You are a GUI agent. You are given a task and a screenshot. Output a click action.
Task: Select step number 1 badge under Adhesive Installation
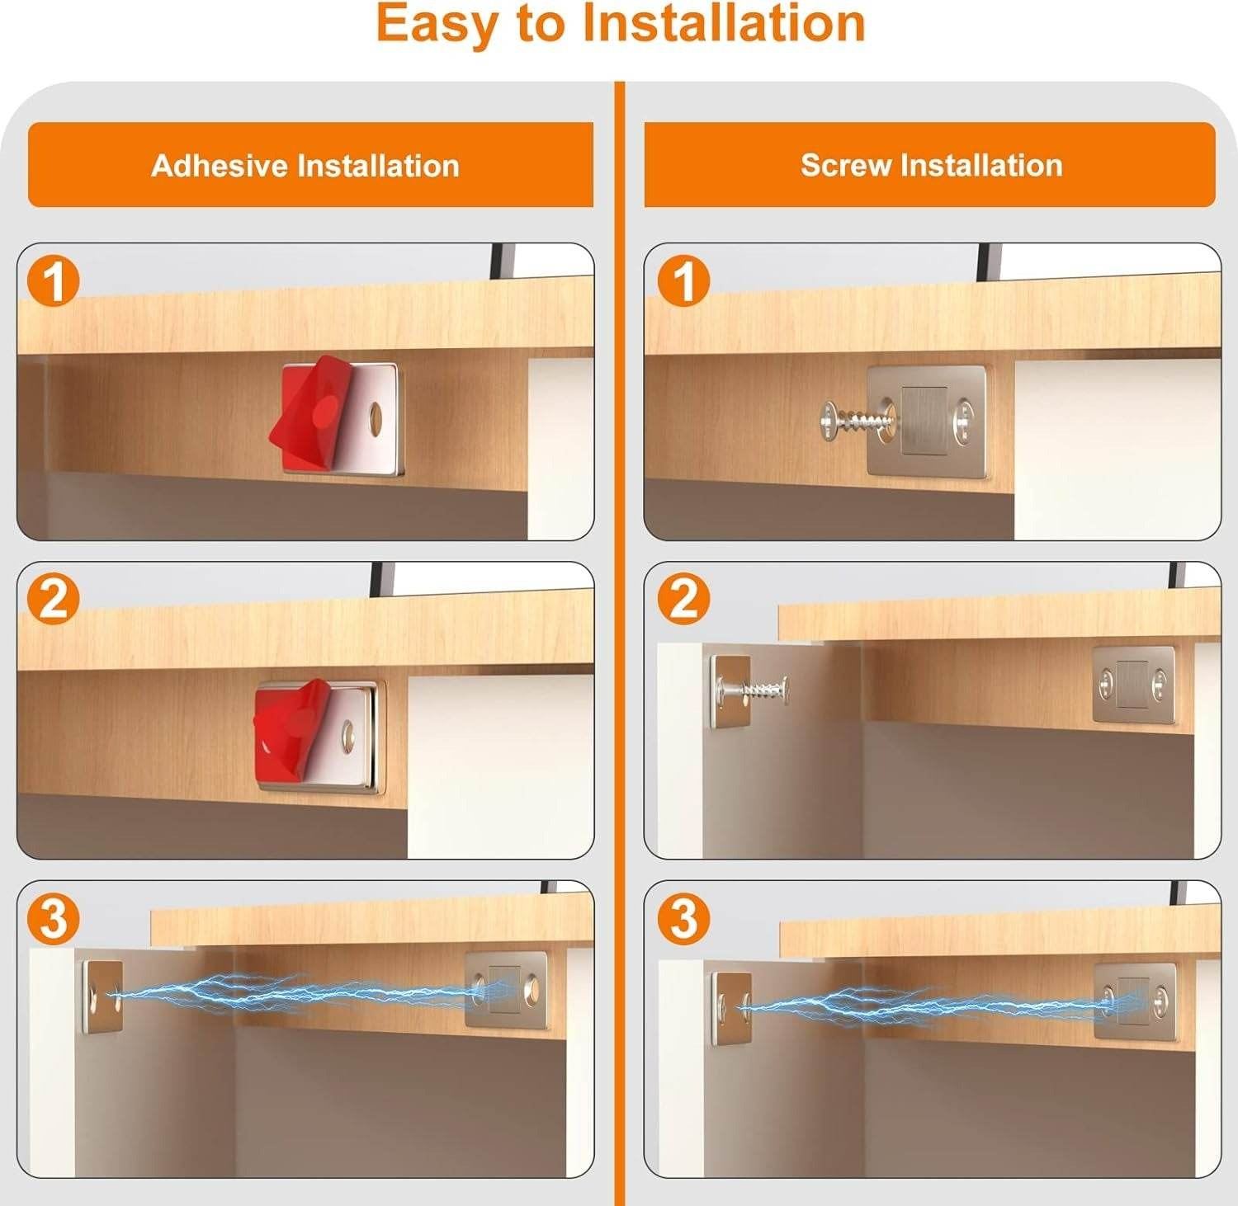tap(54, 281)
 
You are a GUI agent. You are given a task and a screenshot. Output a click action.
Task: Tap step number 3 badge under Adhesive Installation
tap(54, 917)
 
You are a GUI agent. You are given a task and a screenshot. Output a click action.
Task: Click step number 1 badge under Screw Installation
tap(683, 281)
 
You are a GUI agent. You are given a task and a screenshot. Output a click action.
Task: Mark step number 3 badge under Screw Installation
tap(683, 917)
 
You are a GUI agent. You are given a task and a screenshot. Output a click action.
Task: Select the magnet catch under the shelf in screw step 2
tap(1133, 685)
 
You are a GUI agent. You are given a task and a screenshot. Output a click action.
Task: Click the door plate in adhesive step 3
tap(103, 996)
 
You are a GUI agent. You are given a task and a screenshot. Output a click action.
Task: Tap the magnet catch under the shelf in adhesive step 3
tap(506, 990)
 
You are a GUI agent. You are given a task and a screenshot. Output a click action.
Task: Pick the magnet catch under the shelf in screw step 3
tap(1134, 1001)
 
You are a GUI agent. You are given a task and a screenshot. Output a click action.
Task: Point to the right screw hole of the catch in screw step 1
tap(963, 420)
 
